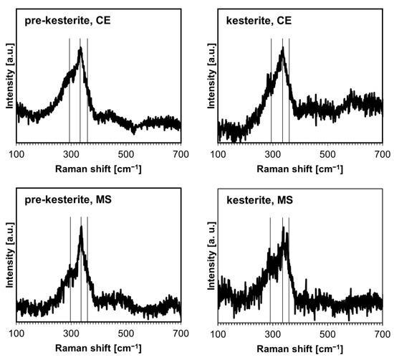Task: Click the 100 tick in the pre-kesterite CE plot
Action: tap(16, 153)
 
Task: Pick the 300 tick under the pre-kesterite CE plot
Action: tap(71, 153)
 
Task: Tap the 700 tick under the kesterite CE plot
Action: tap(382, 153)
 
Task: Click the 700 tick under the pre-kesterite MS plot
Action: tap(180, 333)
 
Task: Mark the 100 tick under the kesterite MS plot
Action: tap(218, 333)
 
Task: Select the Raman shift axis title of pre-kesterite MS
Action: tap(98, 348)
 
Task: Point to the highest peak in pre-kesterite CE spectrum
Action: tap(80, 49)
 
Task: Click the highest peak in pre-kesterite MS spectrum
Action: tap(82, 228)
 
